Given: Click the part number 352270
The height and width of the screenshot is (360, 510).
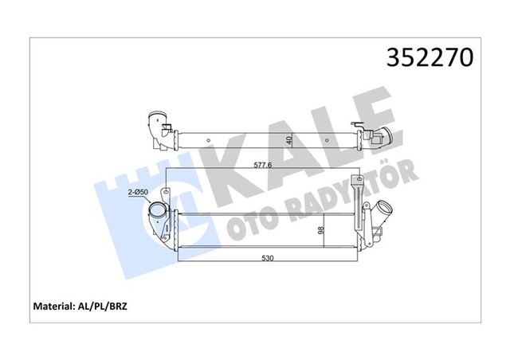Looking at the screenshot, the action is [430, 57].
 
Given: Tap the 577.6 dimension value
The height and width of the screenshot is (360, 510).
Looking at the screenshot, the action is [262, 165].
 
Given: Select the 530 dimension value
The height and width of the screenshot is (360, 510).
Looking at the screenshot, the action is [268, 258].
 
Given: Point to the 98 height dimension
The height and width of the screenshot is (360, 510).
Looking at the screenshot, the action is [321, 230].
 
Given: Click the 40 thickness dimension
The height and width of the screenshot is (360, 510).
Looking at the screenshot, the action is [289, 140].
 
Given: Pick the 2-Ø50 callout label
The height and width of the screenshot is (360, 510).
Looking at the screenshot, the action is [138, 192].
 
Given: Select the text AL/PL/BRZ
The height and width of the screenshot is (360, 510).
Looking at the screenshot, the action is [101, 306].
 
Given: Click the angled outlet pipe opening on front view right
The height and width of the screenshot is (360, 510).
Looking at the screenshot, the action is [385, 207].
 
